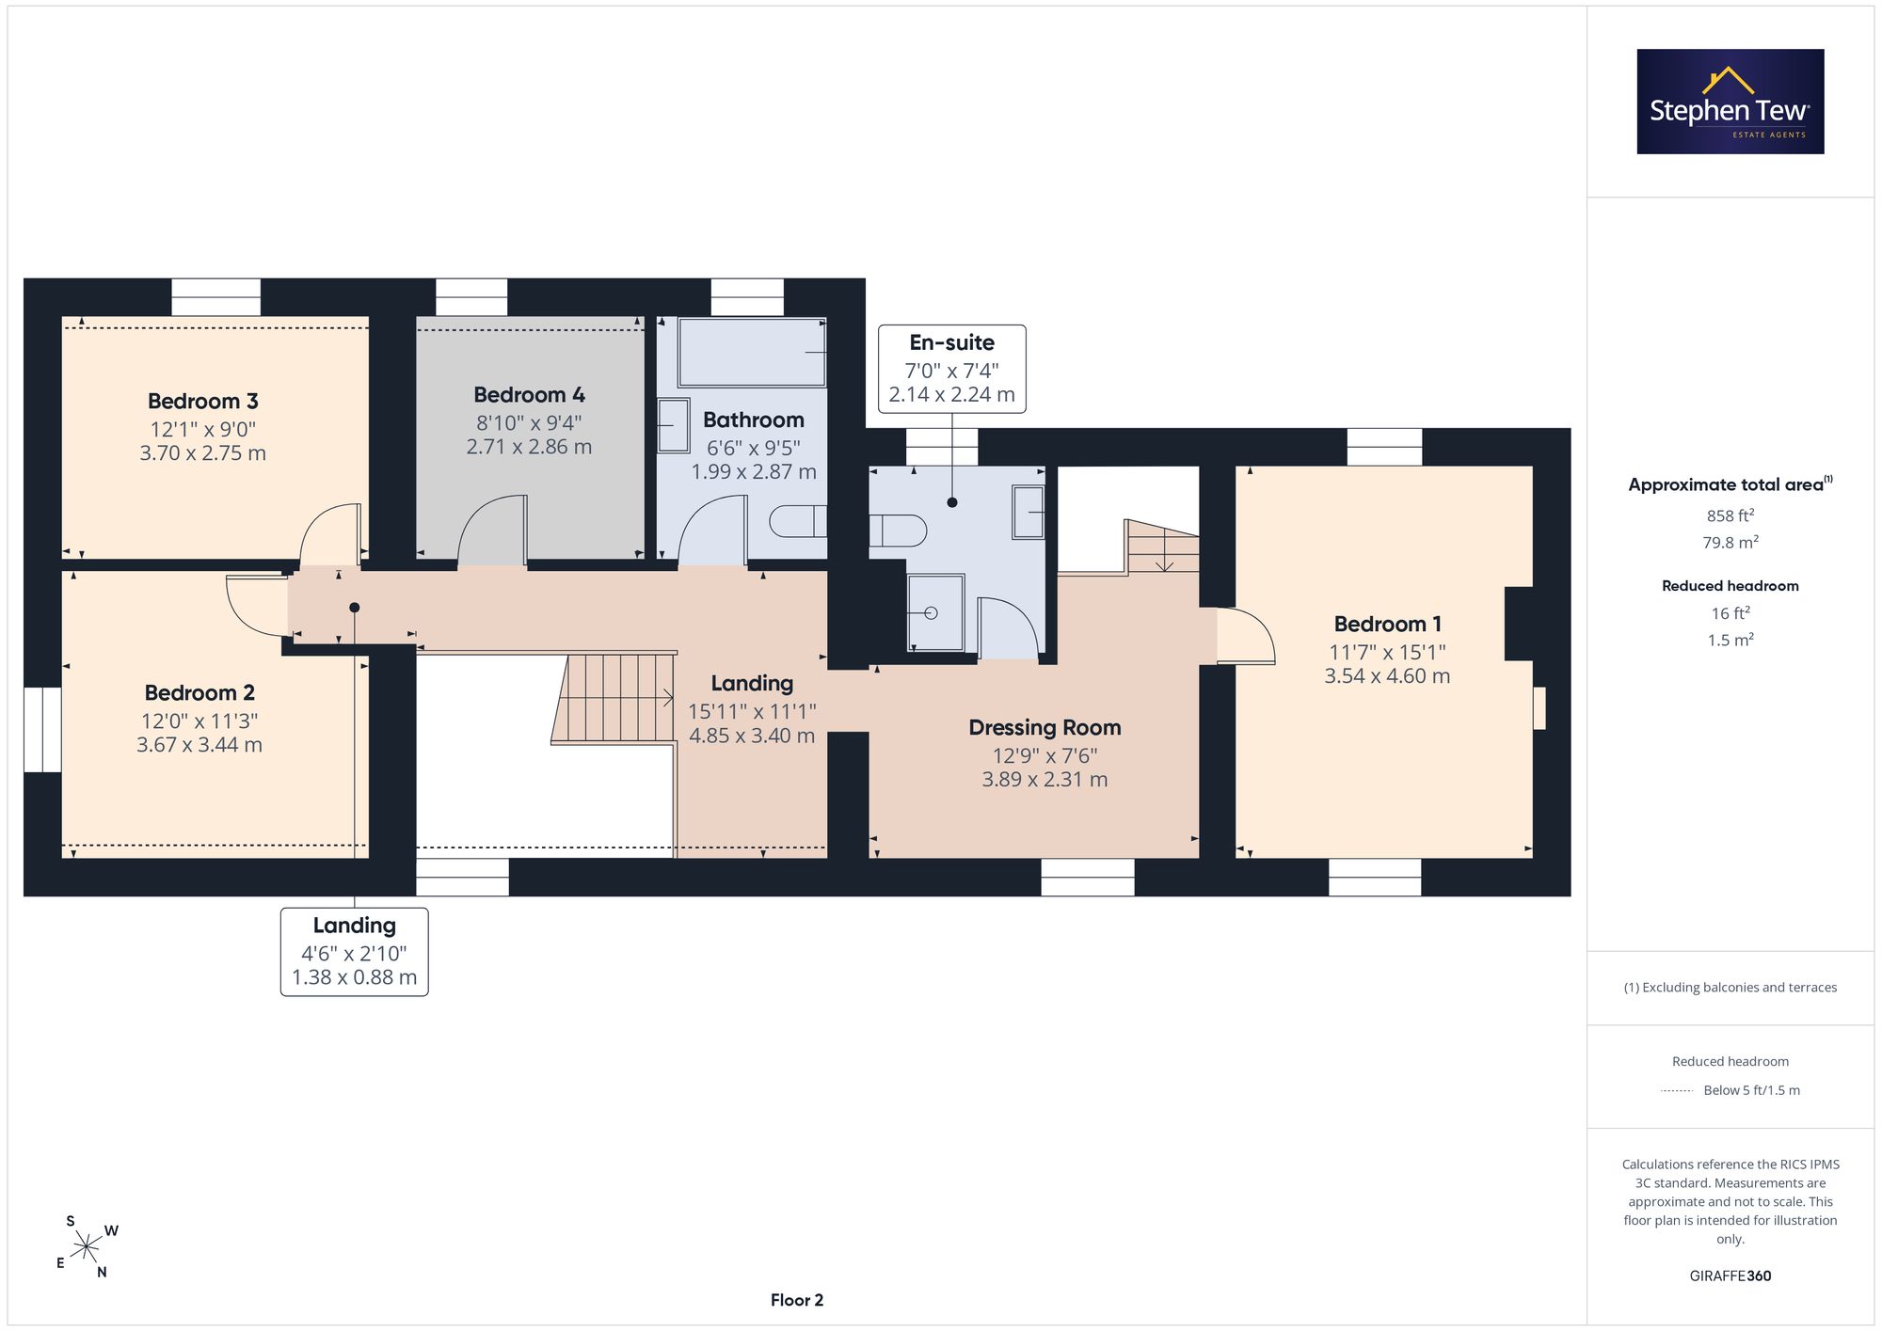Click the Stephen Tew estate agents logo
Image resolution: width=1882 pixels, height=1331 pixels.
pos(1730,102)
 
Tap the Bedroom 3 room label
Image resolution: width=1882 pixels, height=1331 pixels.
pos(203,402)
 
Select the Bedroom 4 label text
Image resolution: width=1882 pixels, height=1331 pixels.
pos(529,395)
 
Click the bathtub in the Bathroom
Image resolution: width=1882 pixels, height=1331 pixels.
pos(752,352)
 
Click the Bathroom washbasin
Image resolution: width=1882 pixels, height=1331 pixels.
pos(674,425)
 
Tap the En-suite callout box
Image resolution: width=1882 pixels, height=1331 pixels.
pos(952,369)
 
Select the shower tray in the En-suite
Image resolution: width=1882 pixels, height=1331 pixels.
pos(935,613)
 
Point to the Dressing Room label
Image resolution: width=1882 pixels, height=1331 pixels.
pos(1045,728)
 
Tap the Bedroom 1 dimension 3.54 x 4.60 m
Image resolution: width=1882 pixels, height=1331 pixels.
pos(1387,676)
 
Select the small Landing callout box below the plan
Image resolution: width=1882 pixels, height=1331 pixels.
pos(355,952)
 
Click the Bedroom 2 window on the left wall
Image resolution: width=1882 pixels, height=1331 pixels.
pos(42,730)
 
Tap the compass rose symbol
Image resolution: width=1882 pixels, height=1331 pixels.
pos(87,1247)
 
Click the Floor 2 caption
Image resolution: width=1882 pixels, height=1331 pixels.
pos(797,1300)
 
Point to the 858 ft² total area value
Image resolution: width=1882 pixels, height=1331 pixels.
pos(1730,515)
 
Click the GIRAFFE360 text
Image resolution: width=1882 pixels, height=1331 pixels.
pos(1730,1276)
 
